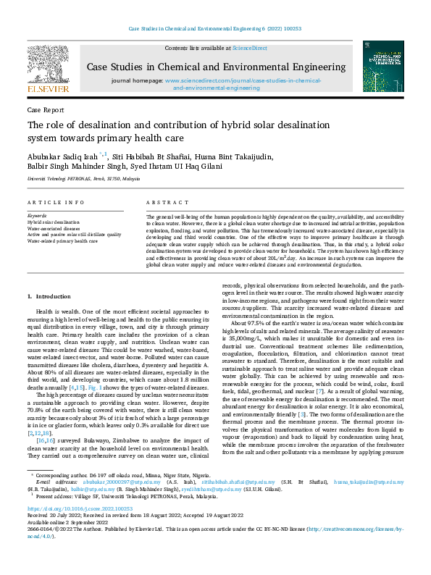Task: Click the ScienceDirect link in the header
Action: point(249,48)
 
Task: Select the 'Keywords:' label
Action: point(37,217)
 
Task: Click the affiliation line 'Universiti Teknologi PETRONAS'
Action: point(84,178)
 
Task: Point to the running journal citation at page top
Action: point(215,29)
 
